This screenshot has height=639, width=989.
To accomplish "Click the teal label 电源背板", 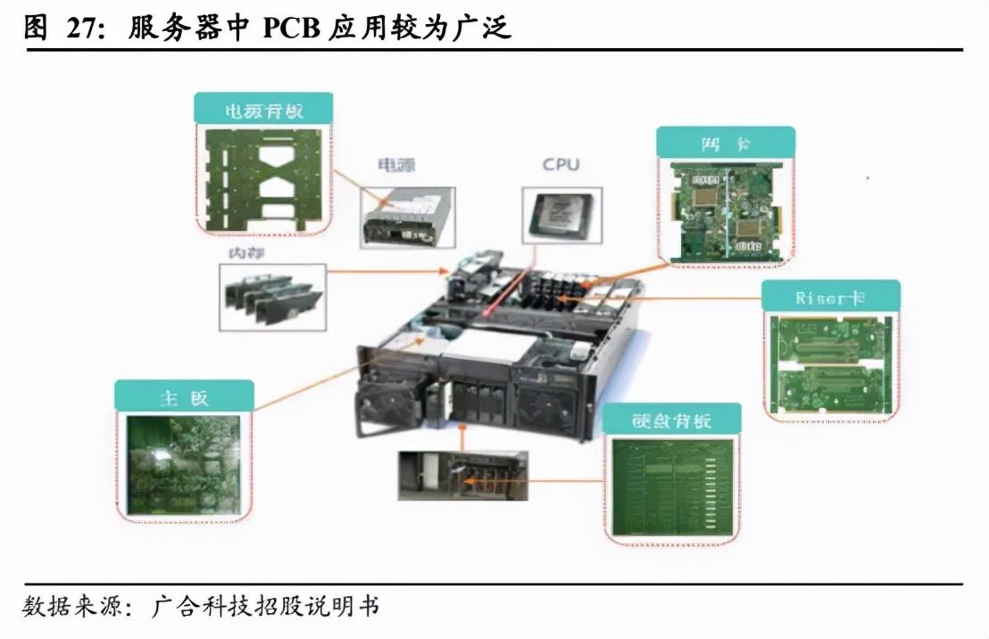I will pos(263,109).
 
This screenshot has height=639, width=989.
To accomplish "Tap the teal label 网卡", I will pos(724,143).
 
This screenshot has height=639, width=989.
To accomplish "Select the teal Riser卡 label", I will pos(830,297).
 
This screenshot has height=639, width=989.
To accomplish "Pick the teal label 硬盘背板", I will pos(672,419).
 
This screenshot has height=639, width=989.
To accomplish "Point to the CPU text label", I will pos(561,164).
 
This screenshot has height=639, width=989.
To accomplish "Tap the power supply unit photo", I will pos(407,217).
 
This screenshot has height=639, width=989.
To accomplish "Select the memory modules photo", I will pos(270,296).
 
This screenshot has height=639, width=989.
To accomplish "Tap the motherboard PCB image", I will pos(183,464).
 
